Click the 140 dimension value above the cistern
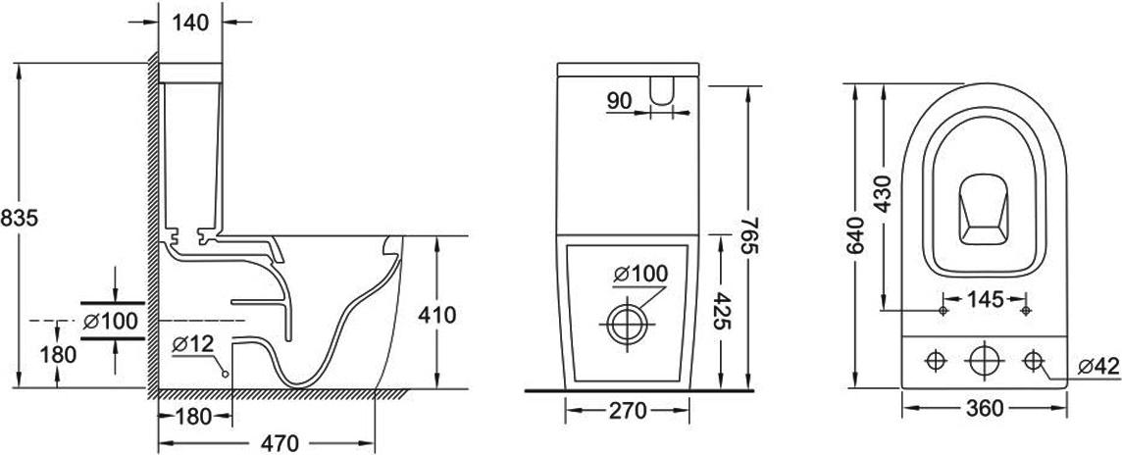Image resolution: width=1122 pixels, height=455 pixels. pyautogui.click(x=190, y=23)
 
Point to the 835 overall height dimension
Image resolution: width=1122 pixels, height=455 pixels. pyautogui.click(x=19, y=219)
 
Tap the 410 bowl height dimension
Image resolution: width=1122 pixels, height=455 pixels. pyautogui.click(x=436, y=315)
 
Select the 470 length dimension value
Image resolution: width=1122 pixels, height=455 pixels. pyautogui.click(x=280, y=443)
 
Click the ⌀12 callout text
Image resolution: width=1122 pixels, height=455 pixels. pyautogui.click(x=193, y=344)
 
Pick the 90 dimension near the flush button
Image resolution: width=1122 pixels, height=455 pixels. pyautogui.click(x=620, y=101)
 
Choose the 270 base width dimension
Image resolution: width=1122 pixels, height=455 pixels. pyautogui.click(x=629, y=411)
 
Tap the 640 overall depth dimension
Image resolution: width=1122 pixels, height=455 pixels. pyautogui.click(x=856, y=235)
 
